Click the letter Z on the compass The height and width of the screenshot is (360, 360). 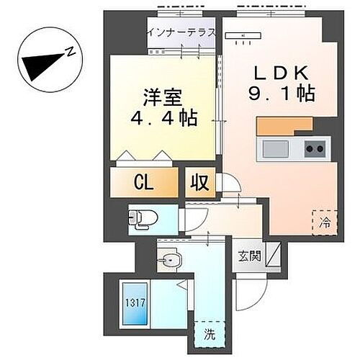(x=71, y=52)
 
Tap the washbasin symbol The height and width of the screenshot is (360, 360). (x=168, y=259)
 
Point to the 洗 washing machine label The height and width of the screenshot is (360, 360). (x=210, y=334)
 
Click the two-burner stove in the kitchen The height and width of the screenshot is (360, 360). (x=314, y=150)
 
